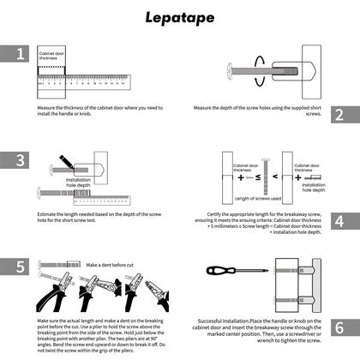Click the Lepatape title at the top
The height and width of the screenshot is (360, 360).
(x=180, y=16)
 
